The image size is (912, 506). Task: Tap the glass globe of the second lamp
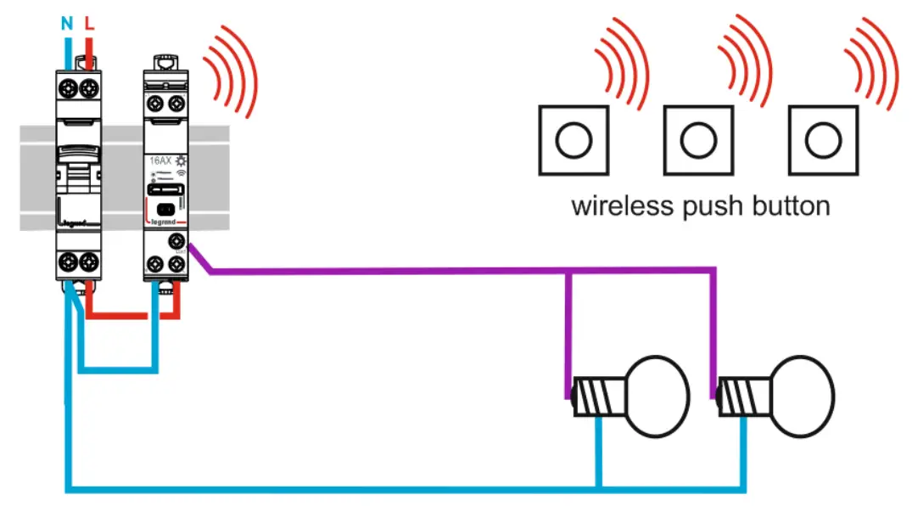coord(801,396)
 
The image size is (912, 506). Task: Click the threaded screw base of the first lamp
coord(598,396)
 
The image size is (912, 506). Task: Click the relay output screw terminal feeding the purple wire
coord(177,241)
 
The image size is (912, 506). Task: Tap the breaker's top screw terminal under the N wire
coord(67,87)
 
